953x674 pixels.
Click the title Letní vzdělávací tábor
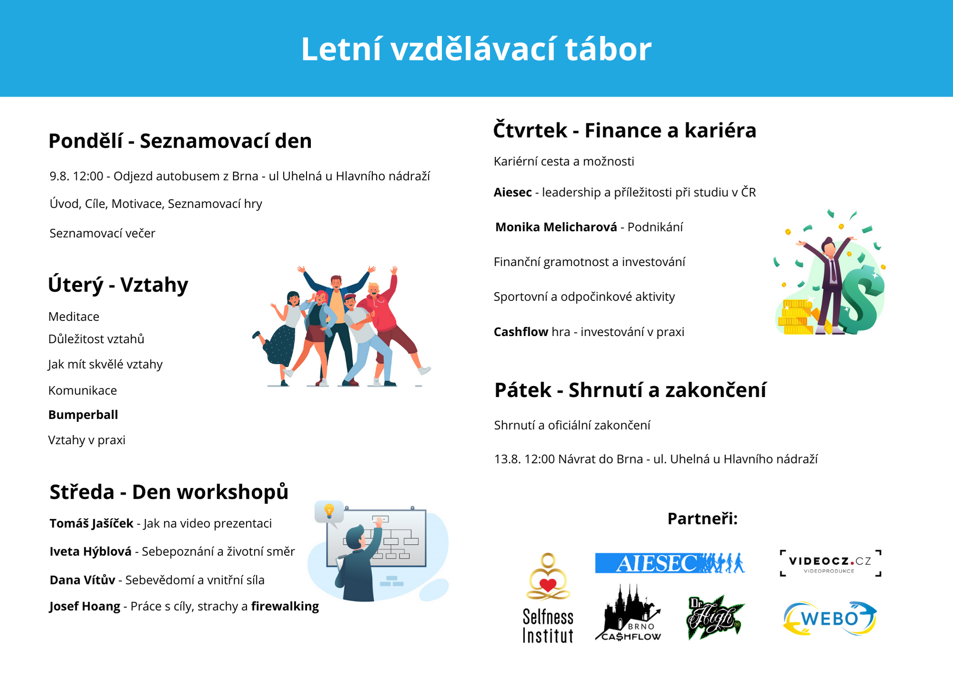pyautogui.click(x=476, y=49)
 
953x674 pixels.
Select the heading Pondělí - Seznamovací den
pyautogui.click(x=180, y=141)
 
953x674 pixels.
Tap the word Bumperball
pyautogui.click(x=83, y=415)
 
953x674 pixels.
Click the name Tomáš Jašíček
pyautogui.click(x=91, y=523)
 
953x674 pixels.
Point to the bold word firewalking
pyautogui.click(x=285, y=606)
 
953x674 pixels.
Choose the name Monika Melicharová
pyautogui.click(x=556, y=227)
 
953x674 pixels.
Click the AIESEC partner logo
pyautogui.click(x=669, y=563)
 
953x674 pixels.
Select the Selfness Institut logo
pyautogui.click(x=548, y=598)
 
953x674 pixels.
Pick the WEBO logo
pyautogui.click(x=830, y=619)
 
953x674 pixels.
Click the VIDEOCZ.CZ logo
pyautogui.click(x=830, y=563)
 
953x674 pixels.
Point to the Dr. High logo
pyautogui.click(x=715, y=617)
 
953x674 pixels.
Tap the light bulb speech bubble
pyautogui.click(x=329, y=512)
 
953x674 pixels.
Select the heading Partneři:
pyautogui.click(x=702, y=519)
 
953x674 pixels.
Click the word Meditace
pyautogui.click(x=74, y=317)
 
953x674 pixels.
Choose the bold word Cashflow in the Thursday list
pyautogui.click(x=521, y=332)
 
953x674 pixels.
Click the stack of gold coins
pyautogui.click(x=795, y=317)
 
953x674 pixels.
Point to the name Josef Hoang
pyautogui.click(x=85, y=606)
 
